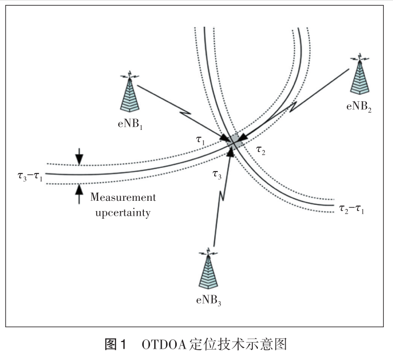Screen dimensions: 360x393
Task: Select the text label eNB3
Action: click(209, 300)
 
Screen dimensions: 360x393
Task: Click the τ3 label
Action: click(218, 175)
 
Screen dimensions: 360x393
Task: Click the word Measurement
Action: click(123, 197)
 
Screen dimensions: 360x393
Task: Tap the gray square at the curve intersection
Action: click(234, 141)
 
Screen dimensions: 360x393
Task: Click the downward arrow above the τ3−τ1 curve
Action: click(79, 157)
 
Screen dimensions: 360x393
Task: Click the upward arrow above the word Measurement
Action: click(79, 193)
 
